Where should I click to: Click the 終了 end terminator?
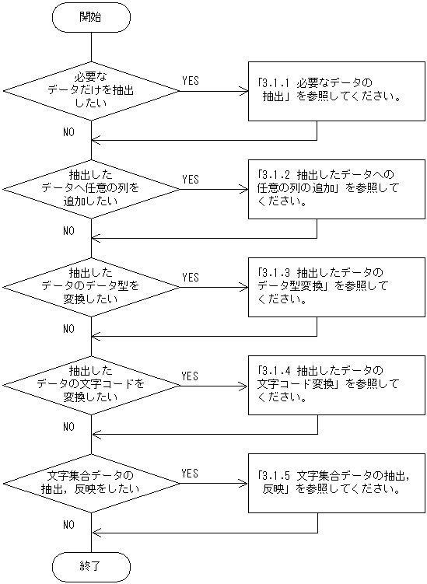[91, 566]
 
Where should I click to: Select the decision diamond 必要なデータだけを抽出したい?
[91, 91]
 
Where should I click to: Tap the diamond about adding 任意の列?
[91, 189]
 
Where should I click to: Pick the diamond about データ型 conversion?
[91, 287]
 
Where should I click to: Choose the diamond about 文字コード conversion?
[91, 385]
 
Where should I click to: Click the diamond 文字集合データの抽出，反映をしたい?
[91, 483]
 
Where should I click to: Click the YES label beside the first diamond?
[190, 81]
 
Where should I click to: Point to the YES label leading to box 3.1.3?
[190, 277]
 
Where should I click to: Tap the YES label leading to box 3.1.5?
[190, 473]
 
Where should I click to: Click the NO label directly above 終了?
[68, 525]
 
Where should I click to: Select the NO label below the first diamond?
[68, 133]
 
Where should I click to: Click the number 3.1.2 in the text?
[275, 174]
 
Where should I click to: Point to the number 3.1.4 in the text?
[275, 370]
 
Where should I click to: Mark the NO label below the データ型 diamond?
[68, 329]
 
